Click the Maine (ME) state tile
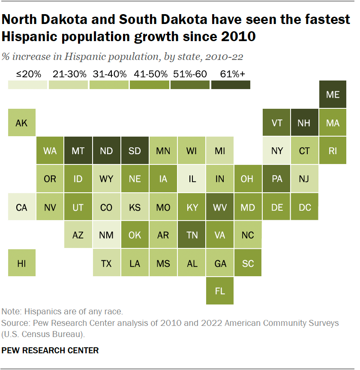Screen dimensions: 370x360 (x=333, y=95)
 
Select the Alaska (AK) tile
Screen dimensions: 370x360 (x=21, y=123)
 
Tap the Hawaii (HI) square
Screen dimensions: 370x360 (x=21, y=263)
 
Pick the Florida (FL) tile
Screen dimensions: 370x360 (x=220, y=291)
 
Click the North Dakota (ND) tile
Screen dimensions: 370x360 (x=106, y=151)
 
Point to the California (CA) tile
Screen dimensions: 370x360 (x=21, y=207)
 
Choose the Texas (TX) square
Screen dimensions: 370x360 (x=106, y=263)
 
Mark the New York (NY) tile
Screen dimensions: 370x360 (x=277, y=151)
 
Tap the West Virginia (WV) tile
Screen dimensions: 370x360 (x=220, y=207)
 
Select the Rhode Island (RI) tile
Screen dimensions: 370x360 (x=333, y=151)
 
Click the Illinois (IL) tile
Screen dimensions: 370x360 (x=192, y=179)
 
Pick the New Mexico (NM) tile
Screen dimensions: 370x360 (x=106, y=235)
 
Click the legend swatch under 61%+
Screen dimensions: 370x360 (x=231, y=85)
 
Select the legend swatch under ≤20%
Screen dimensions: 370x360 (x=27, y=85)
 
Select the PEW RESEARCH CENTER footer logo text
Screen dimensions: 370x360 (x=50, y=350)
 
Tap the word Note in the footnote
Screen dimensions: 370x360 (x=11, y=311)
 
